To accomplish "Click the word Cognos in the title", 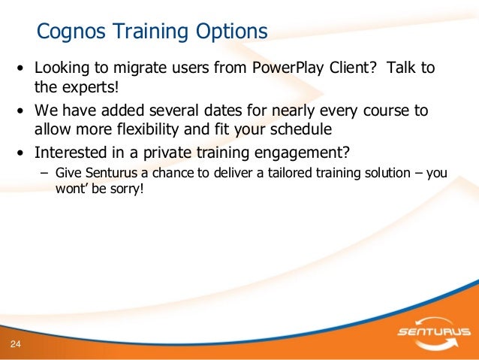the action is pyautogui.click(x=71, y=32).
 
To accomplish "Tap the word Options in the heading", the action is pyautogui.click(x=231, y=32).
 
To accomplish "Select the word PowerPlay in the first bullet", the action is pyautogui.click(x=288, y=68).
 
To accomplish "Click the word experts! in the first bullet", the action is pyautogui.click(x=90, y=87).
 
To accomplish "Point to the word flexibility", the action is pyautogui.click(x=148, y=129).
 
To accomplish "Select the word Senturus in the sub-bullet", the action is pyautogui.click(x=111, y=173).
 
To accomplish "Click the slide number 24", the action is pyautogui.click(x=15, y=344).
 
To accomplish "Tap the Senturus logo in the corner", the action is pyautogui.click(x=434, y=333).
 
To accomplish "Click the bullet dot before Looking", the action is pyautogui.click(x=20, y=68).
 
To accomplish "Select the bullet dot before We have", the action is pyautogui.click(x=20, y=110).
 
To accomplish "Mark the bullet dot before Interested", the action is pyautogui.click(x=20, y=153).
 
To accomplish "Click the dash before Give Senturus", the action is pyautogui.click(x=44, y=174).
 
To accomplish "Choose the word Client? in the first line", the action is pyautogui.click(x=352, y=68).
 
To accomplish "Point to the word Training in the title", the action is pyautogui.click(x=151, y=32).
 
